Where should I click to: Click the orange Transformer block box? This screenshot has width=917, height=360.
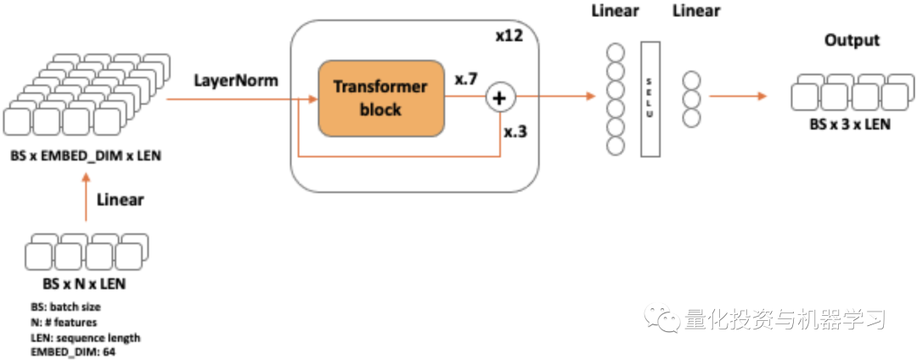(381, 98)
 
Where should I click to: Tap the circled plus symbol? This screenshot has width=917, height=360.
(499, 99)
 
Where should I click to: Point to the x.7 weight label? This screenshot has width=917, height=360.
(466, 79)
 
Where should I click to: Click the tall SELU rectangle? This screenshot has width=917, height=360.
(650, 98)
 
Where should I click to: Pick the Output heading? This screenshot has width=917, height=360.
(852, 40)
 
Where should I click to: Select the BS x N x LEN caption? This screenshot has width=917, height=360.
(84, 284)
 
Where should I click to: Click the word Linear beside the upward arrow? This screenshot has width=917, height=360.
(120, 200)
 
